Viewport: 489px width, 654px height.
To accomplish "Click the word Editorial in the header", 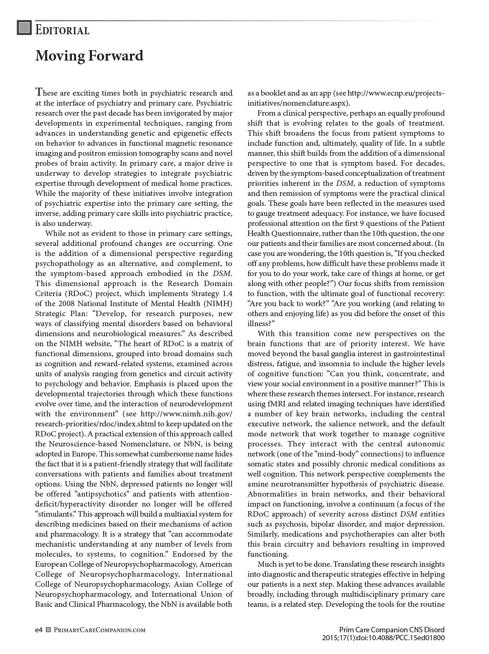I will tap(62, 30).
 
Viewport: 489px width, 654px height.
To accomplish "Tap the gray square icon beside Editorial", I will tap(24, 28).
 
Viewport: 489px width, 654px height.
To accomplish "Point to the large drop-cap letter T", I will tap(39, 92).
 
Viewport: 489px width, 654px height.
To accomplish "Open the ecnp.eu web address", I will tap(396, 93).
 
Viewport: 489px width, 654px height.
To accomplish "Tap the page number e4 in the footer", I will tap(39, 630).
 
